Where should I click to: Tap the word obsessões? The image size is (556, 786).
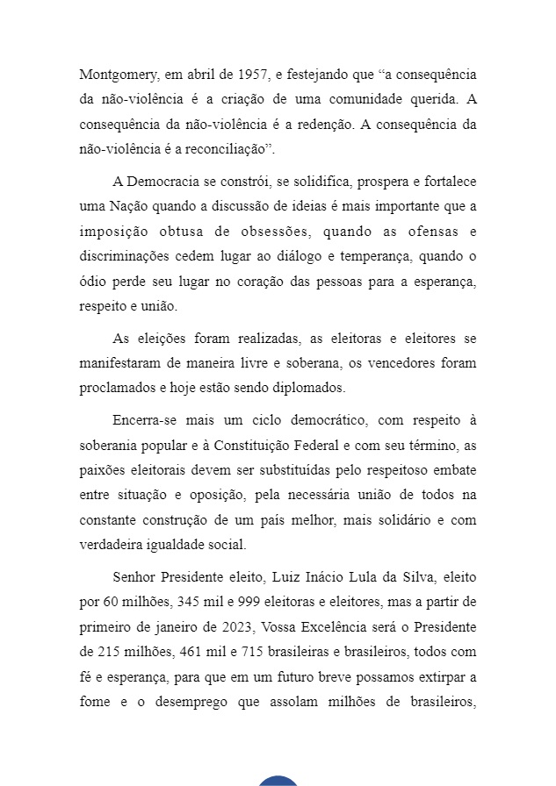[276, 232]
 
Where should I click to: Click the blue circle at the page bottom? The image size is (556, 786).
[278, 781]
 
